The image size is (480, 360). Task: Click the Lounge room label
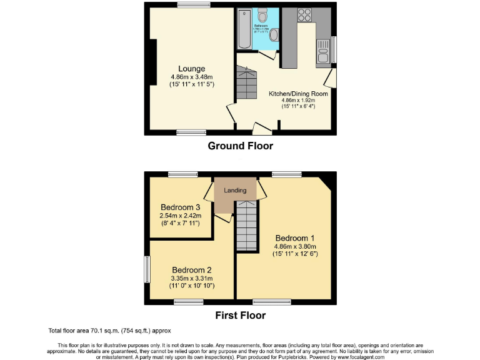coord(191,69)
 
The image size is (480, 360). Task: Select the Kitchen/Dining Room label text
coord(297,94)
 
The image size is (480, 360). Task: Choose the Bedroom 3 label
coord(181,207)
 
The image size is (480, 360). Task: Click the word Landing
coord(235,191)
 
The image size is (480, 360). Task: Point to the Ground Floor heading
coord(240,146)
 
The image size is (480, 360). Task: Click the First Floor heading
coord(240,316)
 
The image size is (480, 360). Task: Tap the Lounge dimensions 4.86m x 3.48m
coord(191,77)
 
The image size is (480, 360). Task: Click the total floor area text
coord(109,331)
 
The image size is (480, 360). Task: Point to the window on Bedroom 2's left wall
coord(147,269)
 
